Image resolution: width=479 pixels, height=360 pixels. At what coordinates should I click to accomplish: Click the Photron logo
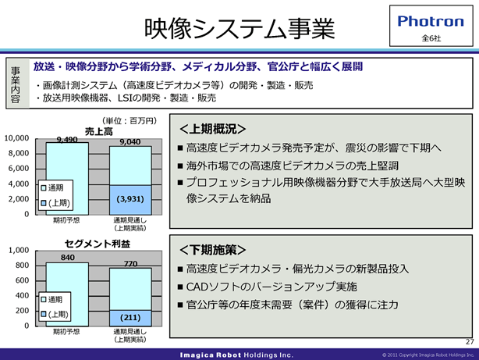coord(431,21)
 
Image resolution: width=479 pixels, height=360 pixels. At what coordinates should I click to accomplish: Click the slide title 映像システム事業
coord(239,28)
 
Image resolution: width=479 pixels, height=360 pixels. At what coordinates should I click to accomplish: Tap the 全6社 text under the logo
coord(431,38)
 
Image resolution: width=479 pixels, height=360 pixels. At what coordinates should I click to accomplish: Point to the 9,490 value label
coord(67,140)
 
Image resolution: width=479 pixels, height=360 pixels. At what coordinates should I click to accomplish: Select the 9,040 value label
coord(130,142)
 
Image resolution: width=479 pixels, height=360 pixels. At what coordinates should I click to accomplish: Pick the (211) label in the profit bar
coord(130,318)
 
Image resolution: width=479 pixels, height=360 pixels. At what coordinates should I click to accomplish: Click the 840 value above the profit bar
coord(68,258)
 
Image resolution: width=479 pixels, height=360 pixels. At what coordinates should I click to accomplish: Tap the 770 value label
coord(131,264)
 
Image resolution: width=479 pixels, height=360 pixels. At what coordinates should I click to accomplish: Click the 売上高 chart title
coord(98,131)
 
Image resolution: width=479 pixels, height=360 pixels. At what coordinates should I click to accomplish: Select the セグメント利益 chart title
coord(98,244)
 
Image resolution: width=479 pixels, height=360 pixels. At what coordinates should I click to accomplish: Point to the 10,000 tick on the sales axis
coord(16,138)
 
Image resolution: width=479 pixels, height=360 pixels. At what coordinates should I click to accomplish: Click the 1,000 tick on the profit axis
coord(19,250)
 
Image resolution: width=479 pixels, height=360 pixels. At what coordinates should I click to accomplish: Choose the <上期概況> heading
coord(213,129)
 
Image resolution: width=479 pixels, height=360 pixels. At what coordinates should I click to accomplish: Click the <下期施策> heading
coord(213,250)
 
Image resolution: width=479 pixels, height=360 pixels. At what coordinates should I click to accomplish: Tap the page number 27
coord(470,342)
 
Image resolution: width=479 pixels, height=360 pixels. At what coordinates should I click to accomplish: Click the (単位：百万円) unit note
coord(130,121)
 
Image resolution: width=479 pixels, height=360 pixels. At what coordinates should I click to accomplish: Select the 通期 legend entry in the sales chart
coord(52,187)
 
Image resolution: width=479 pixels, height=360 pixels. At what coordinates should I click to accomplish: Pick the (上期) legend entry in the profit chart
coord(55,314)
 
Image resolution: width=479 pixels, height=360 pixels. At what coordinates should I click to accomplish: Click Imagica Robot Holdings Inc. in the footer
coord(236,355)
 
